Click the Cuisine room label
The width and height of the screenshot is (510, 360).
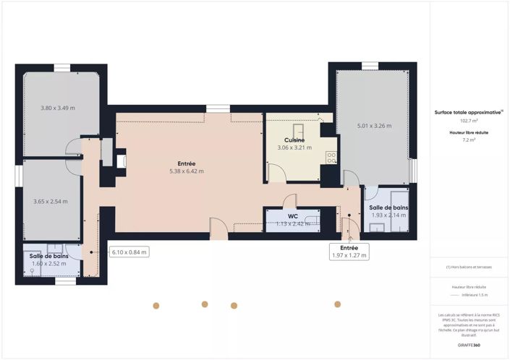click(294, 140)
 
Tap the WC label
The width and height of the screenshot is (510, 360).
click(293, 215)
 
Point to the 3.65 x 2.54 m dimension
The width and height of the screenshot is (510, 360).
click(51, 202)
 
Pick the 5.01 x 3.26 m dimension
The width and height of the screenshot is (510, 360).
click(374, 127)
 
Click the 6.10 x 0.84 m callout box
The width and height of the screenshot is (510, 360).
click(129, 252)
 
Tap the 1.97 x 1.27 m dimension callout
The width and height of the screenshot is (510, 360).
click(349, 255)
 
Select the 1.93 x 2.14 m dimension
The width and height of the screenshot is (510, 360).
click(389, 215)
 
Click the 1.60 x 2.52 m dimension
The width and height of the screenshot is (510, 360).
click(48, 263)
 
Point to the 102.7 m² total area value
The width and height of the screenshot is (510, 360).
click(469, 121)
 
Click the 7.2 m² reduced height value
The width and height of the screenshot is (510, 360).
click(469, 140)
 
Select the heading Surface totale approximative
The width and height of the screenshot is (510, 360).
click(468, 113)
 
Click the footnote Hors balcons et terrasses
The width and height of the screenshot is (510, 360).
click(469, 267)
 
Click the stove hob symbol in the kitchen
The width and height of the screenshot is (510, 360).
click(331, 157)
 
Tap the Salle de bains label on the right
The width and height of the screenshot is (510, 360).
click(389, 208)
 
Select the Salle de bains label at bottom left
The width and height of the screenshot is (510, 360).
click(48, 256)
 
